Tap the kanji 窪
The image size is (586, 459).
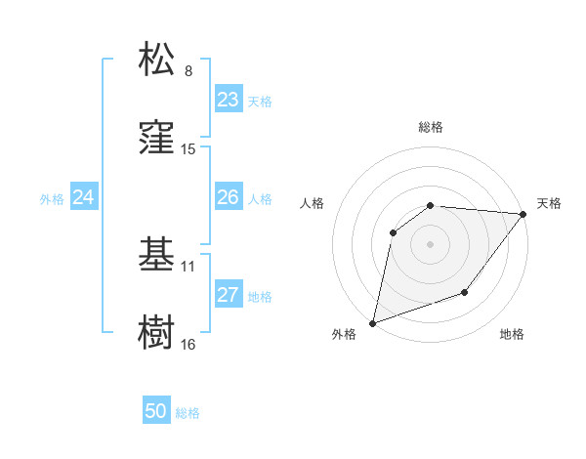(x=158, y=137)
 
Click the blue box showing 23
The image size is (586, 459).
(x=229, y=100)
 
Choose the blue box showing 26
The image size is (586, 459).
(x=229, y=197)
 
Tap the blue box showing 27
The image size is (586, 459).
(x=229, y=295)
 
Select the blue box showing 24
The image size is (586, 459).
(x=84, y=197)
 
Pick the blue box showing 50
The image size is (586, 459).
(x=156, y=412)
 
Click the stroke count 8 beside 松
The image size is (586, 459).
(x=188, y=71)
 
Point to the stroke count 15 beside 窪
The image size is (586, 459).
(x=188, y=149)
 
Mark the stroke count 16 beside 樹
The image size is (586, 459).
(x=188, y=345)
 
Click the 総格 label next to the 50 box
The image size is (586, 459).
(x=188, y=413)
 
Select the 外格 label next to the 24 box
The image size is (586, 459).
(x=52, y=198)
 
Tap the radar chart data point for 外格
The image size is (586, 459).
(x=372, y=322)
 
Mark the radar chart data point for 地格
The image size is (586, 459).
(x=466, y=292)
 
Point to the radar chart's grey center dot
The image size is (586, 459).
(x=430, y=243)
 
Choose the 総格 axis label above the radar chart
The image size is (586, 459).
(x=430, y=127)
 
